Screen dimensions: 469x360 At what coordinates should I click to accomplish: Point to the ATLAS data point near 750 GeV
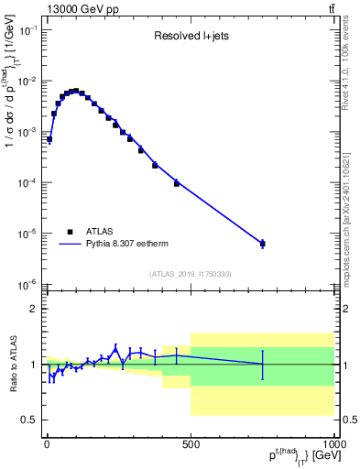263,243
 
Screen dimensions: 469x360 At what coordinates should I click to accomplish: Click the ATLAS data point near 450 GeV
177,183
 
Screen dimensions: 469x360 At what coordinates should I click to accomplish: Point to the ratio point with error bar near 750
263,364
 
